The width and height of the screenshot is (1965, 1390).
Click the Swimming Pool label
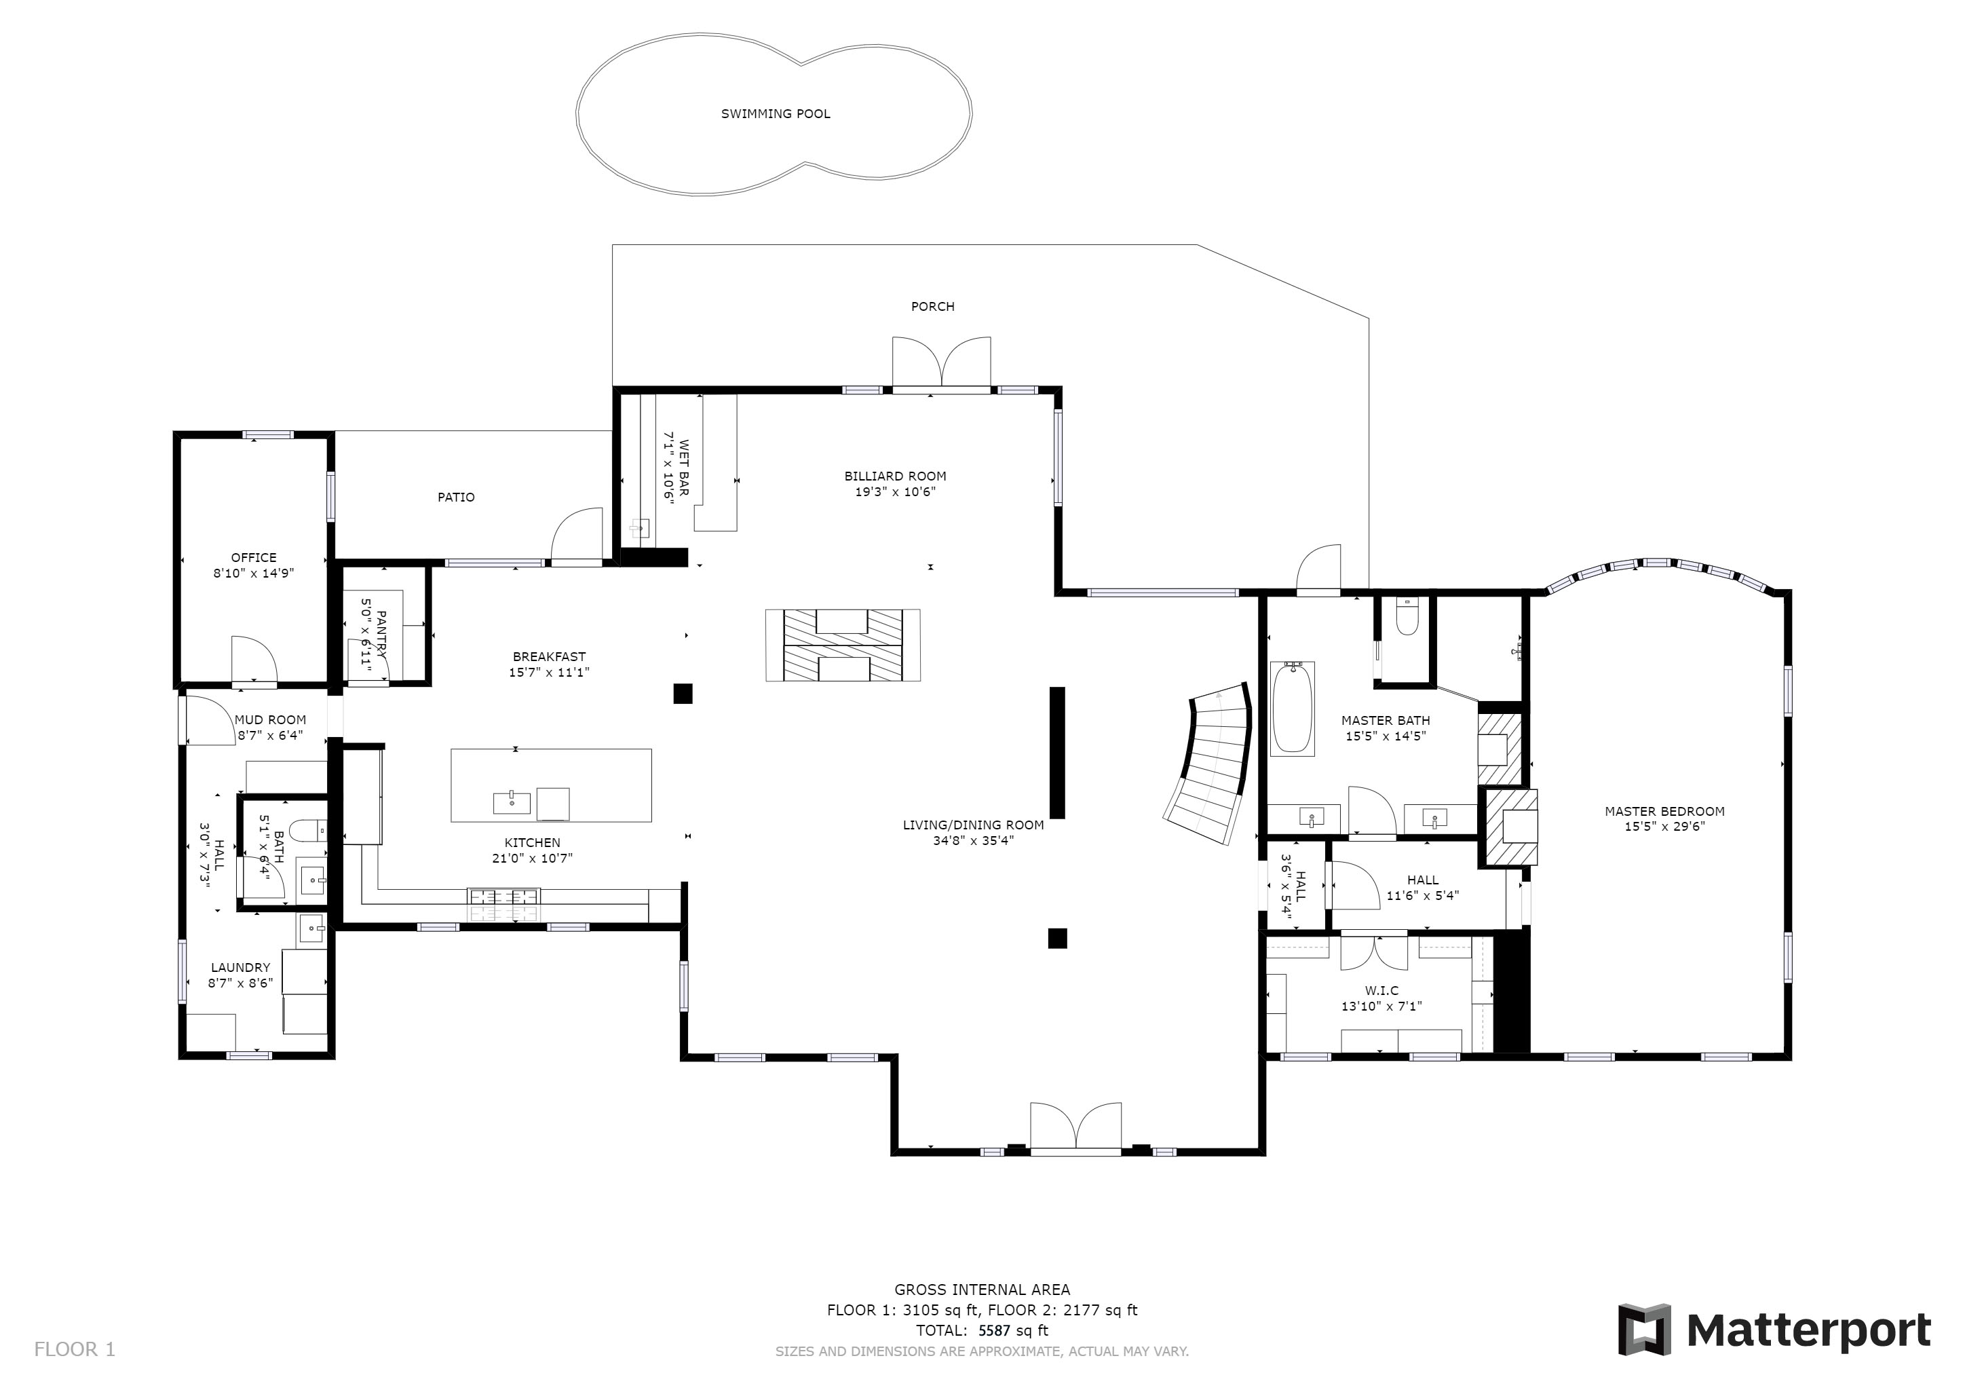[x=776, y=114]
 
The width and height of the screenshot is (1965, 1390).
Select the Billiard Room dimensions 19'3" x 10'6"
[x=895, y=492]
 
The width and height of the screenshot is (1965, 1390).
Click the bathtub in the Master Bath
[x=1293, y=709]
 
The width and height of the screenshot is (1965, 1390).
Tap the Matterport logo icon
[x=1644, y=1329]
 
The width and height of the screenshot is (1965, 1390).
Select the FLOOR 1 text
[x=75, y=1350]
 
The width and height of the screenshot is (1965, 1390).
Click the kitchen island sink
[x=512, y=803]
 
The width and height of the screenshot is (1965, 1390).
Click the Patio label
[x=456, y=497]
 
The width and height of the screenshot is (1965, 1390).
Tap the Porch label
[x=933, y=306]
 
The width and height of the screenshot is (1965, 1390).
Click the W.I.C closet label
[x=1382, y=991]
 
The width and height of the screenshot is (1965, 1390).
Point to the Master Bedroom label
[x=1664, y=812]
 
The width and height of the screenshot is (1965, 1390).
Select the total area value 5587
[x=995, y=1331]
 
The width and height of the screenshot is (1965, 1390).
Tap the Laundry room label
[x=240, y=968]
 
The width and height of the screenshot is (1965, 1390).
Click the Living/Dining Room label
[x=973, y=825]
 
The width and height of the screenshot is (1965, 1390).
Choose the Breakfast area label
[x=550, y=658]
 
